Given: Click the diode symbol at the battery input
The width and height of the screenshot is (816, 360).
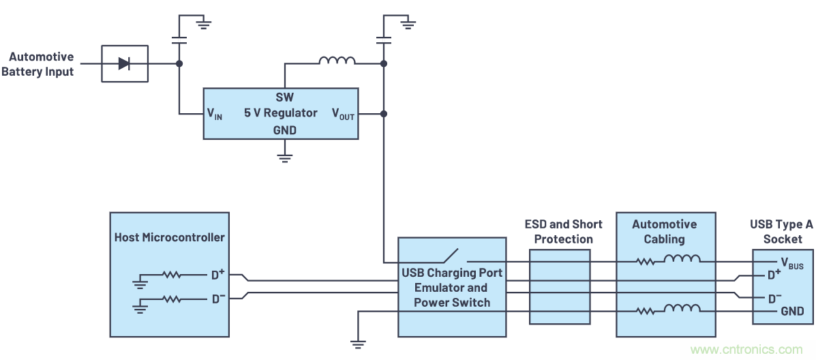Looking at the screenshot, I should [124, 63].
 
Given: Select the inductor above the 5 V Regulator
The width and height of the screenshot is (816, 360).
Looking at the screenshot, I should [337, 61].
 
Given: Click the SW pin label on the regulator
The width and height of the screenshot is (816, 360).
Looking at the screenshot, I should [284, 97].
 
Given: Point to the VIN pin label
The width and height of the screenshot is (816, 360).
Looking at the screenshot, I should [215, 114].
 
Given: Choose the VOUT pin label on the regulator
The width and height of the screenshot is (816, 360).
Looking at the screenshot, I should [343, 114].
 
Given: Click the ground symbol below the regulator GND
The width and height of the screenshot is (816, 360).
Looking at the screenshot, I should [285, 158].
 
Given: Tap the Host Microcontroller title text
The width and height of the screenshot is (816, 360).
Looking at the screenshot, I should [169, 237].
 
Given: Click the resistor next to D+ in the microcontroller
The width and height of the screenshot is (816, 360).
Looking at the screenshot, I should [171, 275].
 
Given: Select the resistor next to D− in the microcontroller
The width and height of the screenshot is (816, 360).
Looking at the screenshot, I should [171, 299].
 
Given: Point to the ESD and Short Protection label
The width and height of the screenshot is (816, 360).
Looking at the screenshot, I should [563, 232].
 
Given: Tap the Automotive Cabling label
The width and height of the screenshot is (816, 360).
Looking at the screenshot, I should [664, 232].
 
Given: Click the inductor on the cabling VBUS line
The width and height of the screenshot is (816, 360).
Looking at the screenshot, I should [682, 259].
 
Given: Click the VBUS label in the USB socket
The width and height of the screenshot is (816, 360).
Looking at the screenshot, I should [791, 263].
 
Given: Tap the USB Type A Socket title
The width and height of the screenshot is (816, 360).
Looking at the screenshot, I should [782, 232].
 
